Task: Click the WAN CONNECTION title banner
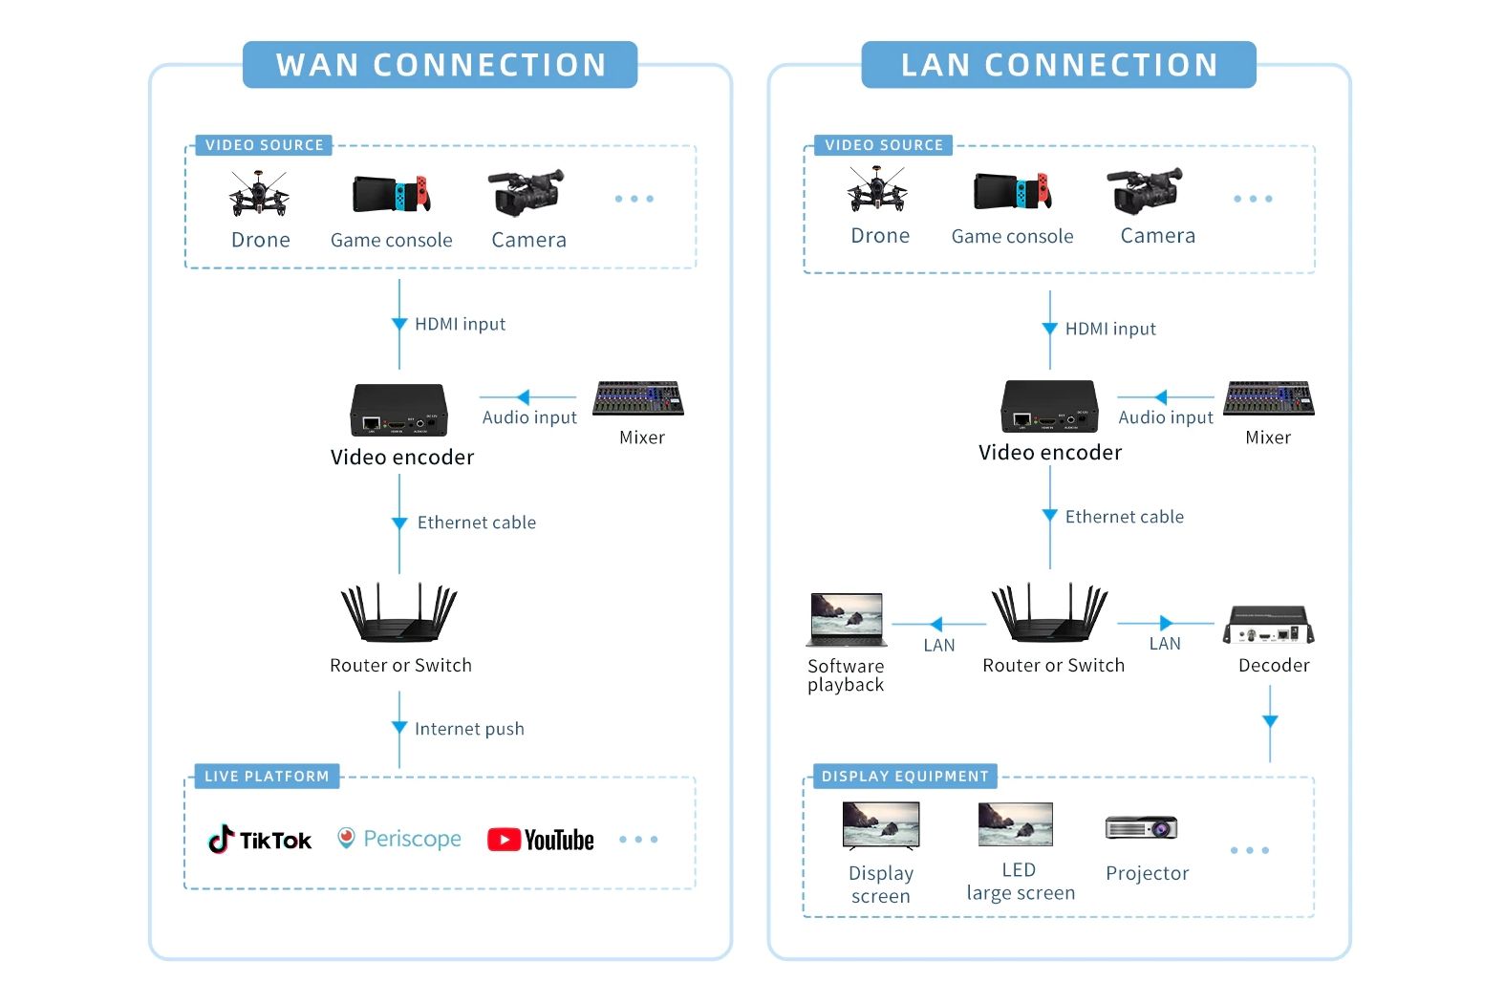click(441, 65)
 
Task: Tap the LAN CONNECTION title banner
click(1059, 65)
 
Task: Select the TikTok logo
click(260, 839)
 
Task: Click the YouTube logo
click(541, 840)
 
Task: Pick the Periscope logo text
click(412, 839)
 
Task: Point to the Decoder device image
click(1269, 625)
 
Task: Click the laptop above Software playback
click(847, 619)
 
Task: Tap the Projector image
click(1142, 827)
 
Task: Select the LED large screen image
click(1016, 824)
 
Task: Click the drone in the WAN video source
click(259, 194)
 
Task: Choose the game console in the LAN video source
click(1013, 191)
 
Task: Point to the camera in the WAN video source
click(527, 192)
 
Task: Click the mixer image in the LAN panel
click(1269, 398)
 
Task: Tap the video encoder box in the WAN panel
click(399, 410)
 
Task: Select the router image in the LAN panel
click(1050, 612)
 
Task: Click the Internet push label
click(469, 728)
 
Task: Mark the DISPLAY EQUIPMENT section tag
click(905, 776)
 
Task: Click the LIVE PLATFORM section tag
click(267, 776)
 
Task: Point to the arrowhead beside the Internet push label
click(399, 727)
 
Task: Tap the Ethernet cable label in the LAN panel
click(1124, 516)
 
